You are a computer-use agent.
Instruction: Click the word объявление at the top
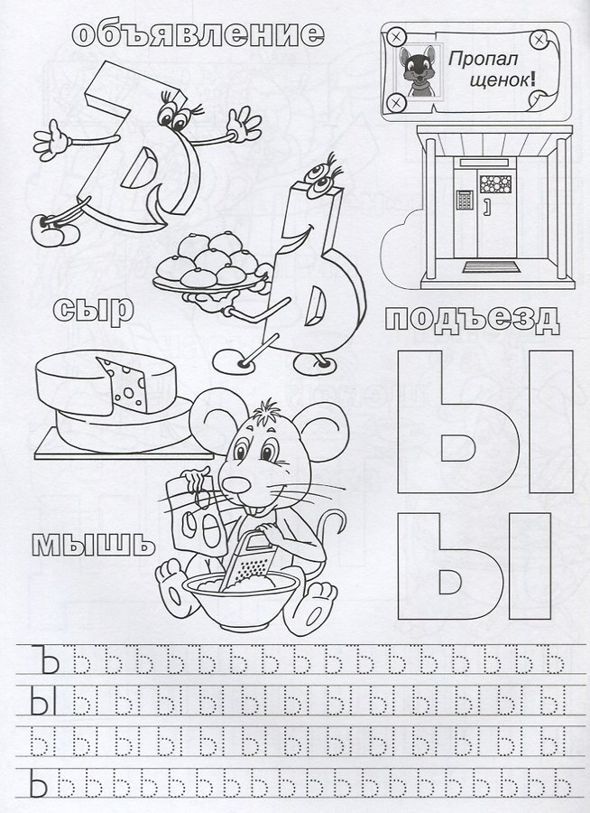pyautogui.click(x=198, y=34)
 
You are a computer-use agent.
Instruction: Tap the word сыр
pyautogui.click(x=93, y=310)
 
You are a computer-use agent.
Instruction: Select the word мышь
pyautogui.click(x=93, y=545)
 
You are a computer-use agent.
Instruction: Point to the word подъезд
pyautogui.click(x=473, y=321)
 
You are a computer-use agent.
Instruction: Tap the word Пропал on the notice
pyautogui.click(x=483, y=59)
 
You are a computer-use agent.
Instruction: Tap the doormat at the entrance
pyautogui.click(x=490, y=266)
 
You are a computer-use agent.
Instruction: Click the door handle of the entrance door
pyautogui.click(x=487, y=205)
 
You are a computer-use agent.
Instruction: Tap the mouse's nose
pyautogui.click(x=235, y=485)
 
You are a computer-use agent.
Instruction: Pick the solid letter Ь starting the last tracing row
pyautogui.click(x=40, y=783)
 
